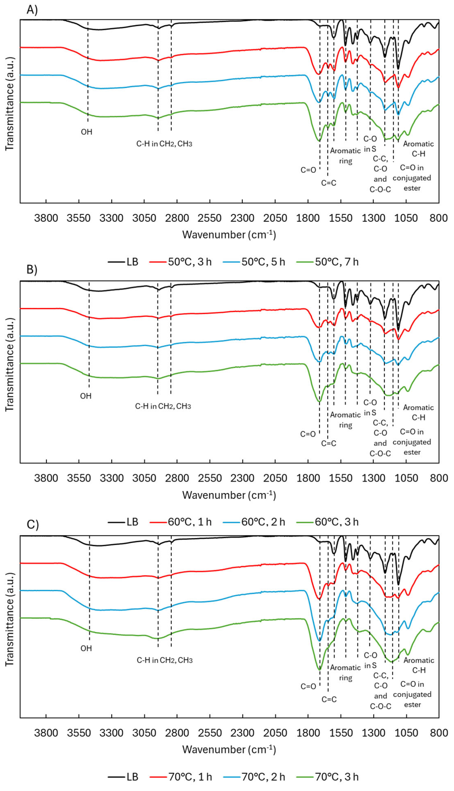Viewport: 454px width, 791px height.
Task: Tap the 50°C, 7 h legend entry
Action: pyautogui.click(x=336, y=261)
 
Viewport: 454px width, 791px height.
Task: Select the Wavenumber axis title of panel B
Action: pyautogui.click(x=229, y=495)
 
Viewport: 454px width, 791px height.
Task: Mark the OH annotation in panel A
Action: pyautogui.click(x=87, y=132)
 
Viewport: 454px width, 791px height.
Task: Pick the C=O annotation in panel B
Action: pyautogui.click(x=308, y=434)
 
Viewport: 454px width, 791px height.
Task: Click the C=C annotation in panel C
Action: pyautogui.click(x=329, y=699)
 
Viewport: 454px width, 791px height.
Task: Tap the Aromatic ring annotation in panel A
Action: pyautogui.click(x=345, y=156)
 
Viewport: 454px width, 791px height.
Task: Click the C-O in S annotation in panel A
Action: pyautogui.click(x=370, y=144)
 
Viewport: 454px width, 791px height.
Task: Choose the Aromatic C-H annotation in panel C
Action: pyautogui.click(x=419, y=665)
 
